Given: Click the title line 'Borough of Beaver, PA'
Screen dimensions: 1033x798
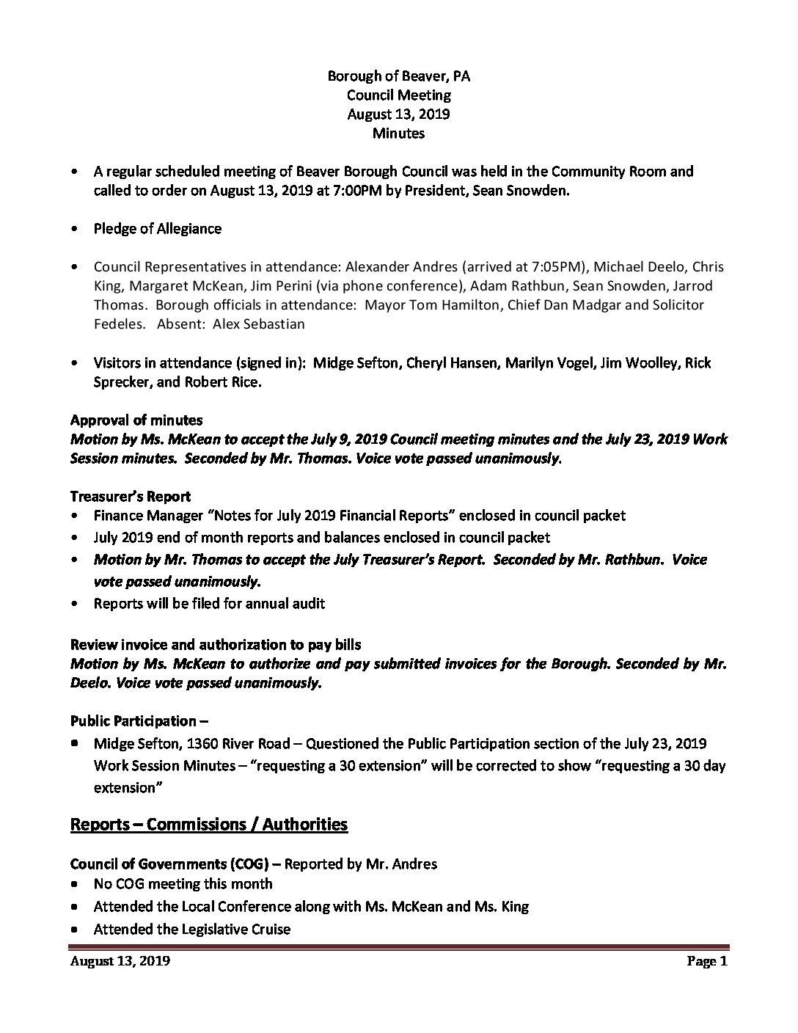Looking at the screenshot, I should pyautogui.click(x=398, y=76).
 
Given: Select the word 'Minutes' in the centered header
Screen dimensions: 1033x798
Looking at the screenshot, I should pyautogui.click(x=398, y=133).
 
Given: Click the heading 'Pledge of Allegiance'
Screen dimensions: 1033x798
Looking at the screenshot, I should pyautogui.click(x=157, y=228).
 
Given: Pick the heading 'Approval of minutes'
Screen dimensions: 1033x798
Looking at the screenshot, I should pyautogui.click(x=136, y=420).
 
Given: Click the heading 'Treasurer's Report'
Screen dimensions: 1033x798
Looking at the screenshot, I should pyautogui.click(x=131, y=496).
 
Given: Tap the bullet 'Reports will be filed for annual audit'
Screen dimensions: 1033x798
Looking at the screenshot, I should pyautogui.click(x=209, y=604).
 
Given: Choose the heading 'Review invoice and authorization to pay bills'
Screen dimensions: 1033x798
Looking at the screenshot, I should pyautogui.click(x=216, y=644).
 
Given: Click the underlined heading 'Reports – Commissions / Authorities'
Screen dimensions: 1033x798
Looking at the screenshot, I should pyautogui.click(x=208, y=824).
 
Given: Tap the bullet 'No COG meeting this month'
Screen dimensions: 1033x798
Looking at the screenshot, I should pyautogui.click(x=183, y=884).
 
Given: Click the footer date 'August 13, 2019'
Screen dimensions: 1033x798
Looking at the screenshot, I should pyautogui.click(x=120, y=961).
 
